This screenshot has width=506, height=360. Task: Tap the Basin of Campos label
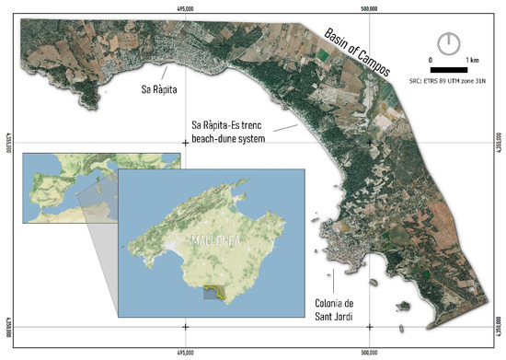[x=357, y=52]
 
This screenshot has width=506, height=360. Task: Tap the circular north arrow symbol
[x=449, y=42]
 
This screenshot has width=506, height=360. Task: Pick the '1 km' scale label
[x=472, y=60]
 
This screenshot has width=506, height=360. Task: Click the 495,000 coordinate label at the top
[x=186, y=8]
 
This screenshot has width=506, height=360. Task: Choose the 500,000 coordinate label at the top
[x=369, y=8]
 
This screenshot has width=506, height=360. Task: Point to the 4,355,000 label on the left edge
[x=7, y=143]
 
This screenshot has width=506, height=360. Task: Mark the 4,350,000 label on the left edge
[x=7, y=327]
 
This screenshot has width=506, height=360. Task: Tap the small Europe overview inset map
[x=55, y=189]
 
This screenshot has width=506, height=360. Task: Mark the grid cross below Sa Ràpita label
[x=186, y=143]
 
